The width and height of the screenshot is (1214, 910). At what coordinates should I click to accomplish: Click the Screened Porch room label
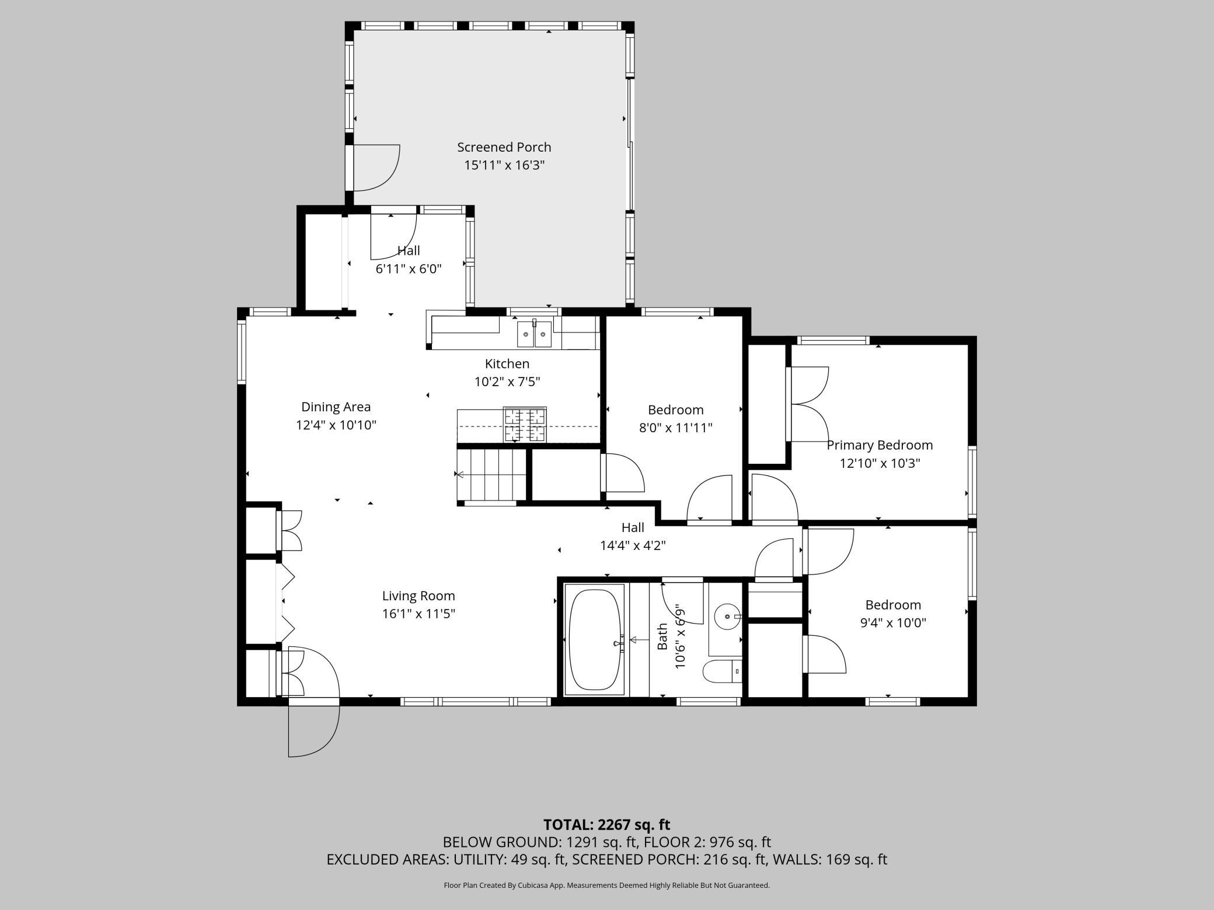coord(504,148)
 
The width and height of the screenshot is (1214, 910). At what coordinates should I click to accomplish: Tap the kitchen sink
coord(534,334)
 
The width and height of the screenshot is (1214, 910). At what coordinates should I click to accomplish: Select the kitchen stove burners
coord(525,425)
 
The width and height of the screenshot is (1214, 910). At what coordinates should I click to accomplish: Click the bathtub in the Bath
coord(596,639)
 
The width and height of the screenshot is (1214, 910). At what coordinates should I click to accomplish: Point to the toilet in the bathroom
coord(722,671)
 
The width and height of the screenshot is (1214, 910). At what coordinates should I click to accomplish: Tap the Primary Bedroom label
coord(880,445)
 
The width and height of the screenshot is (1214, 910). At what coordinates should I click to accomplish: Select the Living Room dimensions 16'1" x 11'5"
coord(418,614)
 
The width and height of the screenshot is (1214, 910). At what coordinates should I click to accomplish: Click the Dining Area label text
coord(336,407)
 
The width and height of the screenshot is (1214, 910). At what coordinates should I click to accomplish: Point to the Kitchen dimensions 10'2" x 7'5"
coord(507,381)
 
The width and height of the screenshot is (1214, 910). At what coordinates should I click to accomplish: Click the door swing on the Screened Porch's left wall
coord(376,167)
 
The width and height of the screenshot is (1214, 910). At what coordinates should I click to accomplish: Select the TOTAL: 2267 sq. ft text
coord(606,824)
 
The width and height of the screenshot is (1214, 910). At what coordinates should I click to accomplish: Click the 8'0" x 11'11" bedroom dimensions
coord(676,428)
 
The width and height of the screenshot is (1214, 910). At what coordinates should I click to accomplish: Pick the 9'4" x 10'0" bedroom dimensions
coord(893,622)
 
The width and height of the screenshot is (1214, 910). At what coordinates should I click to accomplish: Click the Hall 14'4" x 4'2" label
coord(633,536)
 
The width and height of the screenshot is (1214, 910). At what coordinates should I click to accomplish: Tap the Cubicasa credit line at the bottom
coord(606,885)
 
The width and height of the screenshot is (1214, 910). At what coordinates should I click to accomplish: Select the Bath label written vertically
coord(662,636)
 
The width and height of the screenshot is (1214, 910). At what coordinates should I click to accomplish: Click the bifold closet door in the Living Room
coord(287,601)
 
